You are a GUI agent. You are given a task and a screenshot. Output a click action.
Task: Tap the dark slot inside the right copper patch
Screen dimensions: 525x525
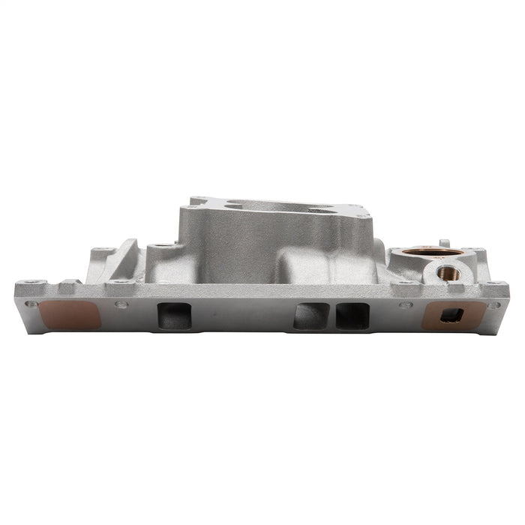pos(451,316)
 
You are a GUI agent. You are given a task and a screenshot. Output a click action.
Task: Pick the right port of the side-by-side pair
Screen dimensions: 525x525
pos(352,316)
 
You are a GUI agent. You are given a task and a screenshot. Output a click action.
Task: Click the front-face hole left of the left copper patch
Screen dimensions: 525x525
pos(31,304)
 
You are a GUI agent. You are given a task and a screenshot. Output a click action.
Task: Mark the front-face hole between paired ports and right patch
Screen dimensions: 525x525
pos(406,304)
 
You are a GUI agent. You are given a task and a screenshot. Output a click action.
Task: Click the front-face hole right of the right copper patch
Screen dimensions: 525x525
pos(493,304)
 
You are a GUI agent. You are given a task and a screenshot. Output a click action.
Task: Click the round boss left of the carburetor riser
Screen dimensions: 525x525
pos(160,245)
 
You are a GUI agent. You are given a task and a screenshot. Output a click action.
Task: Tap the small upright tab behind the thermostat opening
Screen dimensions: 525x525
pos(444,243)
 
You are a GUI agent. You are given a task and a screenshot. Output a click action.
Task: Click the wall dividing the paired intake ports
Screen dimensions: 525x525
pos(332,316)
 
